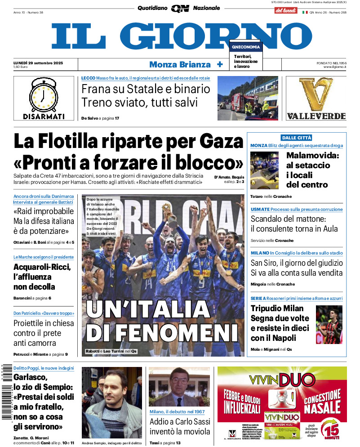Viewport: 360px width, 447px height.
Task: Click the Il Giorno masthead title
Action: tap(180, 36)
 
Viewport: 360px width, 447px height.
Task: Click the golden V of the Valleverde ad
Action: tap(316, 94)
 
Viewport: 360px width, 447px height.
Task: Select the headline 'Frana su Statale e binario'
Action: tap(146, 89)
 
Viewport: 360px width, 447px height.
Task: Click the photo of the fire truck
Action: tap(248, 98)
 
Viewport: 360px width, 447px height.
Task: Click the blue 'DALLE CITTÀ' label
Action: tap(297, 138)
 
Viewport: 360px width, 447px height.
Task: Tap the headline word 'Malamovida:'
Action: tap(313, 156)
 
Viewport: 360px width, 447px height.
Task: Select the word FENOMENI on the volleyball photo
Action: tap(162, 333)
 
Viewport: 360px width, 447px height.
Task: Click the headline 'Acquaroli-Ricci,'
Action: tap(42, 267)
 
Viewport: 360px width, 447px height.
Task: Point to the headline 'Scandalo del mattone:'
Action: tap(288, 219)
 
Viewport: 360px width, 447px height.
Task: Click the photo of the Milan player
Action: tap(329, 324)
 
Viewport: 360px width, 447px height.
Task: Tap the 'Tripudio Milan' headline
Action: tap(277, 308)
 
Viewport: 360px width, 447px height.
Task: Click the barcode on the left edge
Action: tap(6, 391)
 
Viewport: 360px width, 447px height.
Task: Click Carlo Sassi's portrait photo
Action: tap(179, 386)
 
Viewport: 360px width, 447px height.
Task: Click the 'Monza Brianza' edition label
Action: tap(180, 64)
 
